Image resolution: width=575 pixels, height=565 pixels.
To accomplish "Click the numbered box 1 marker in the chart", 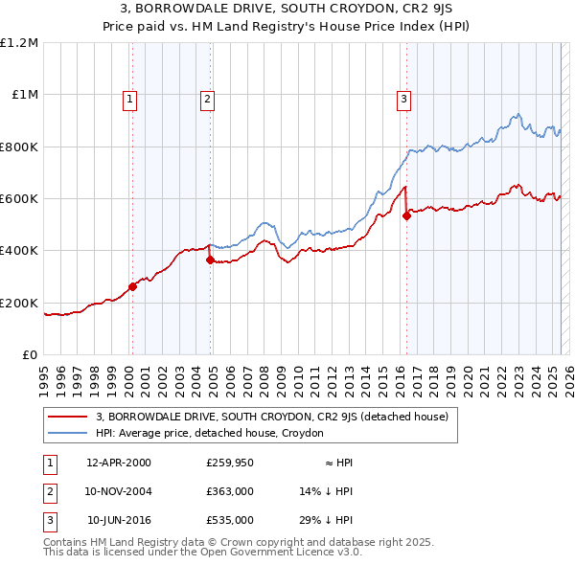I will [x=129, y=97].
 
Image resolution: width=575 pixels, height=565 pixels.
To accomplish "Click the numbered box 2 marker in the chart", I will [x=207, y=97].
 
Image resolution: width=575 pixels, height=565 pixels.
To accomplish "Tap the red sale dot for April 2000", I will [x=132, y=287].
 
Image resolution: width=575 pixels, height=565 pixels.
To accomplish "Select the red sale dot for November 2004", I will [x=211, y=260].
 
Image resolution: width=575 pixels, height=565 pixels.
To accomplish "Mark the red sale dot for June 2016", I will [x=406, y=215].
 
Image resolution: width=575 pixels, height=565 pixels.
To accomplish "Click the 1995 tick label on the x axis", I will [x=44, y=373].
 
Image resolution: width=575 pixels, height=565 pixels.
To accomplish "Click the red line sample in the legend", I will [x=69, y=417].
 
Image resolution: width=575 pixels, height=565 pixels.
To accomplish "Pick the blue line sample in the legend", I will [x=69, y=433].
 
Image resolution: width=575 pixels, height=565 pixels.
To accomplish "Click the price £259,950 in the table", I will [x=230, y=463].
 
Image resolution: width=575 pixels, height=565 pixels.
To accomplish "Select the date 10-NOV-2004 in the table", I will [x=119, y=491].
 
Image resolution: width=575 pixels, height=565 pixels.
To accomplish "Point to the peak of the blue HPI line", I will [x=518, y=114].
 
